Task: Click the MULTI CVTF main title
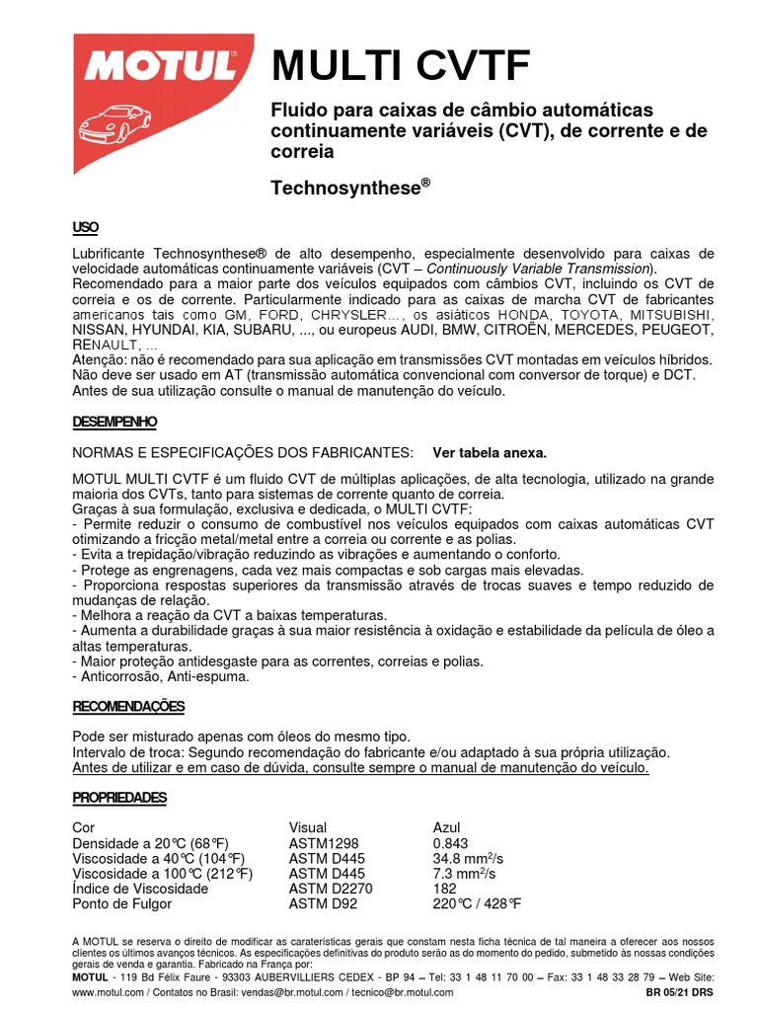pos(402,67)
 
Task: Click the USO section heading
pos(86,228)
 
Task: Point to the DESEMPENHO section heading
pos(114,422)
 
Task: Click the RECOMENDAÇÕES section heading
pos(128,707)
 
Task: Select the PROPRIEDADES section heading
pos(119,798)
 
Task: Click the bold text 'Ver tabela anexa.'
pos(490,452)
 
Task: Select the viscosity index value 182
pos(445,889)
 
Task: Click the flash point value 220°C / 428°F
pos(477,903)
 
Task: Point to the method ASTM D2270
pos(331,889)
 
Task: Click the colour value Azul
pos(447,827)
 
